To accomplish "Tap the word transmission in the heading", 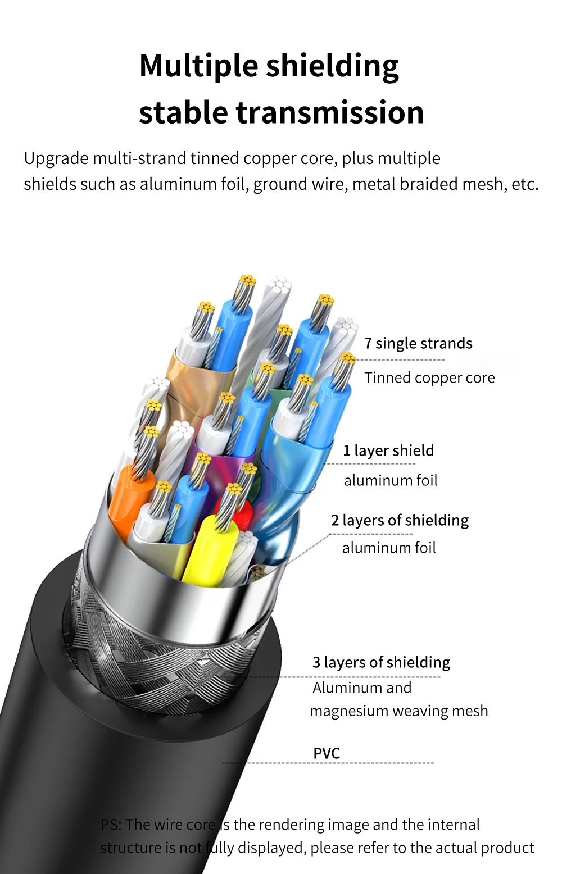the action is [329, 112].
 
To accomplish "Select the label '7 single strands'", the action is [418, 343].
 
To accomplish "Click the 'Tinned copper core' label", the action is [429, 377].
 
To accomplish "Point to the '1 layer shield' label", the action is [388, 450].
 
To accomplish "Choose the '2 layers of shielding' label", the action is [400, 520].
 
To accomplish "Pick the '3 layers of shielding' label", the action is [381, 662].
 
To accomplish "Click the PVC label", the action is [327, 753].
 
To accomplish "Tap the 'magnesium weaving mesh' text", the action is [398, 711].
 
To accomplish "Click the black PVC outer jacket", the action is [101, 758].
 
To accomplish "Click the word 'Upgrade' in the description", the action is [56, 159].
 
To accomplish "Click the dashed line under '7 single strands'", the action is [400, 360].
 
